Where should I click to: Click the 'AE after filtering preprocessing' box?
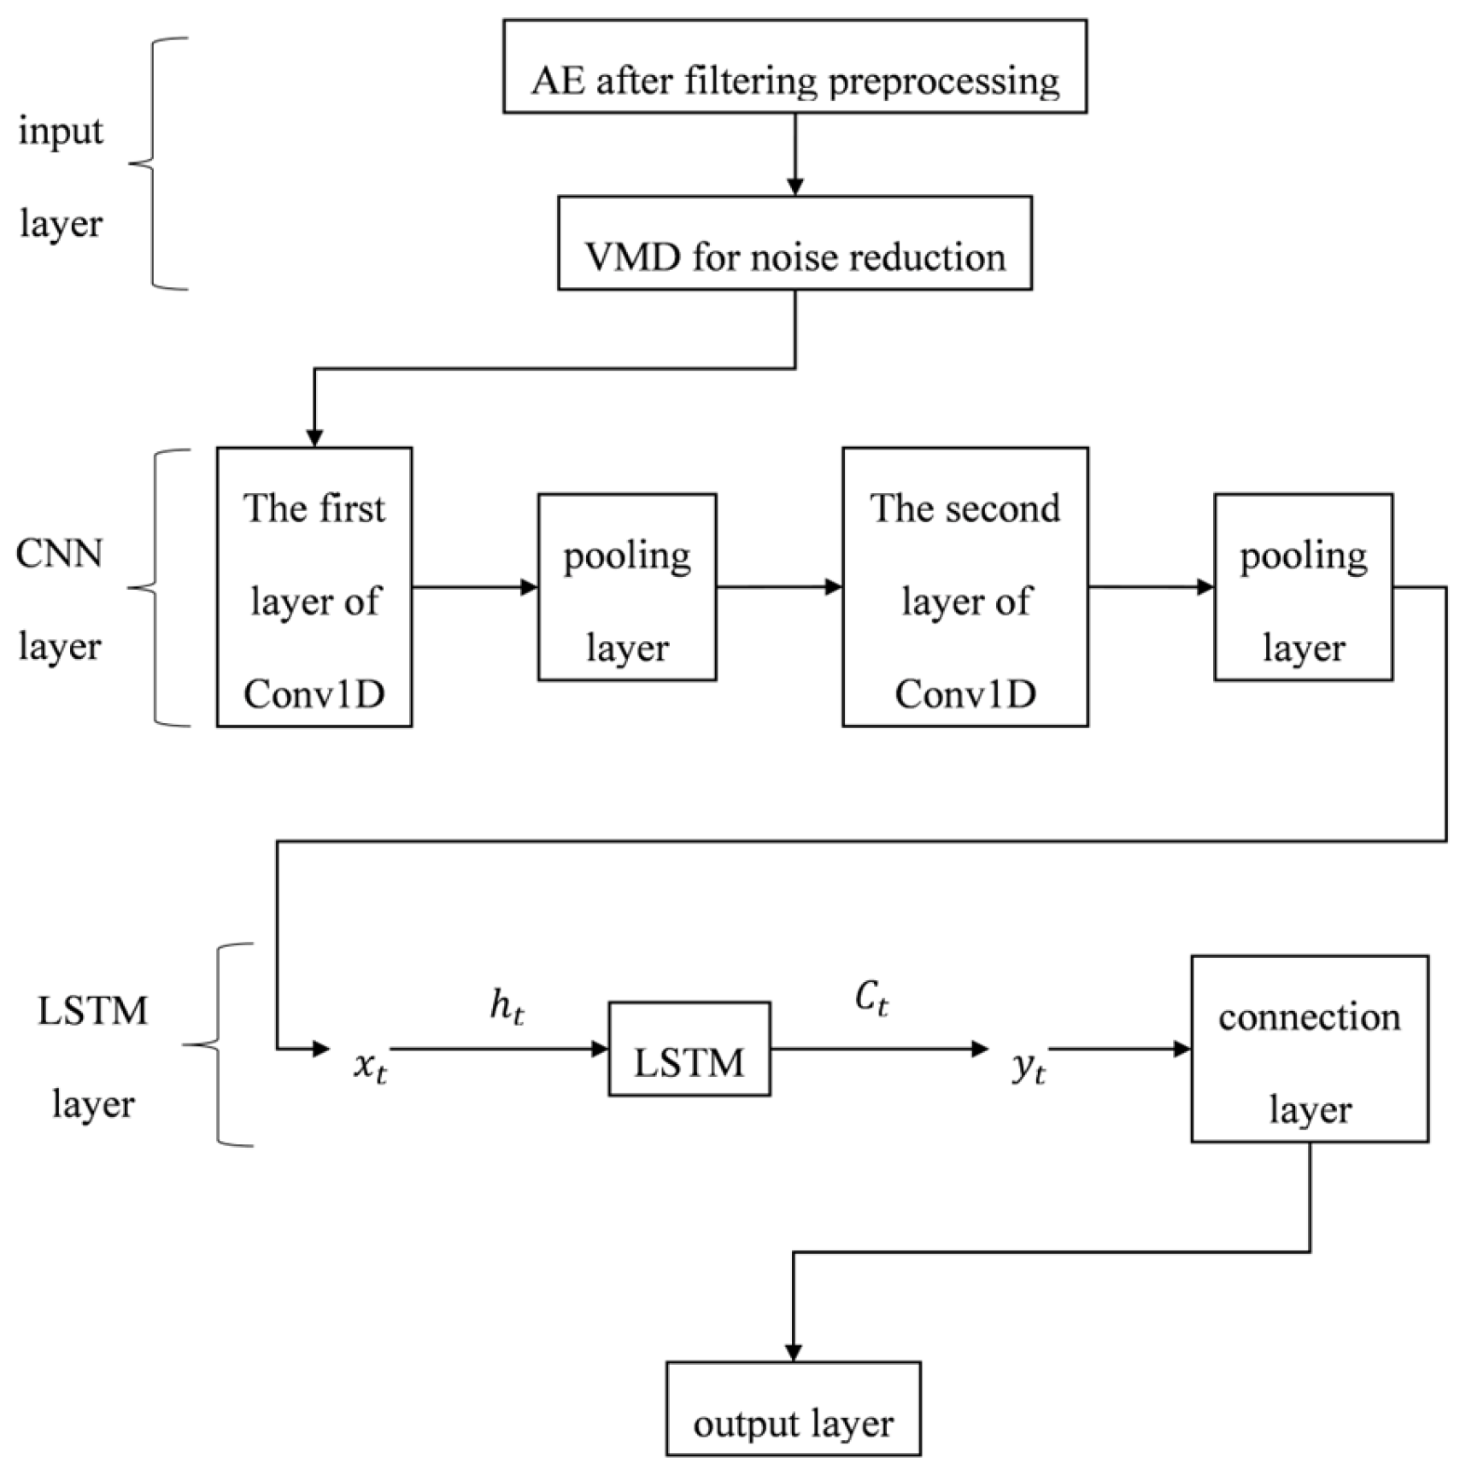pos(794,67)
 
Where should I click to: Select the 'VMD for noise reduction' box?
pos(794,244)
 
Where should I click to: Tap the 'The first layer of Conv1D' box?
pos(314,587)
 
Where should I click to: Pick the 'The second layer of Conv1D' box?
pos(965,587)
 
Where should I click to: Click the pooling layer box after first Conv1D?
pos(627,587)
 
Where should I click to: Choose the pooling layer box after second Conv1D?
pos(1304,587)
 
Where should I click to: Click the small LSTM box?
pos(689,1049)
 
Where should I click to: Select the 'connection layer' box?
pos(1310,1049)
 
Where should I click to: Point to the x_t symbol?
pos(370,1066)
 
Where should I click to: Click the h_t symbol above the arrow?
pos(507,1007)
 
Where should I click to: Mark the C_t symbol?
pos(871,998)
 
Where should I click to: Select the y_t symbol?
pos(1028,1066)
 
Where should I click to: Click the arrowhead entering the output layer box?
pos(794,1352)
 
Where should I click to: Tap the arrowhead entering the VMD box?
pos(795,186)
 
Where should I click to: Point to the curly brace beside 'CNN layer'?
pos(154,587)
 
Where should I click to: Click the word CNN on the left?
pos(59,554)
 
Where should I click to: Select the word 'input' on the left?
pos(61,132)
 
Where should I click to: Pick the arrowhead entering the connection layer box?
pos(1182,1049)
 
